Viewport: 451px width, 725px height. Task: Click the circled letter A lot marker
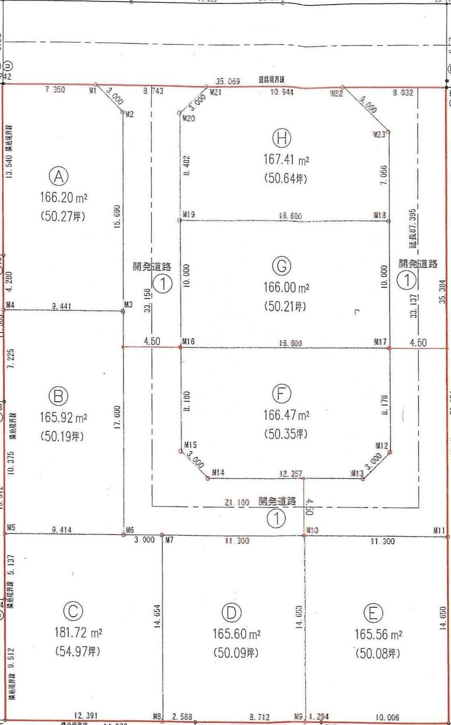click(59, 177)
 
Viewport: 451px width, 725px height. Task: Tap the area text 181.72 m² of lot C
click(78, 632)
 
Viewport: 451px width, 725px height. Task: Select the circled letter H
click(282, 138)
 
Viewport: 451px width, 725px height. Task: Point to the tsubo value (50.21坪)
click(285, 307)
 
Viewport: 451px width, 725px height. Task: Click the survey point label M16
click(189, 341)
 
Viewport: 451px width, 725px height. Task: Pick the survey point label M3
click(129, 305)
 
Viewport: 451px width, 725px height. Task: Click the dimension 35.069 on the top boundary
click(227, 81)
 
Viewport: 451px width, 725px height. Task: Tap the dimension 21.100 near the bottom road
click(237, 502)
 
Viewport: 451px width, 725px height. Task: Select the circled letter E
click(373, 613)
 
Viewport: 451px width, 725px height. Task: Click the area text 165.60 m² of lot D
click(236, 634)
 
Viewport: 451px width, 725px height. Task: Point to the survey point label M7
click(169, 540)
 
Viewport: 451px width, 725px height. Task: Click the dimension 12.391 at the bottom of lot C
click(85, 716)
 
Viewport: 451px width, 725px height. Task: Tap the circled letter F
click(281, 394)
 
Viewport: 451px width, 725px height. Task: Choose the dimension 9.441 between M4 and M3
click(61, 306)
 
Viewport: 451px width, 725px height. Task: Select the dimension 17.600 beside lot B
click(117, 418)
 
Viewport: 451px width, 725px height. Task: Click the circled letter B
click(58, 396)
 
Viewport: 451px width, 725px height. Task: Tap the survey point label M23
click(379, 134)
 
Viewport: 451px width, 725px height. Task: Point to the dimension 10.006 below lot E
click(387, 717)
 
